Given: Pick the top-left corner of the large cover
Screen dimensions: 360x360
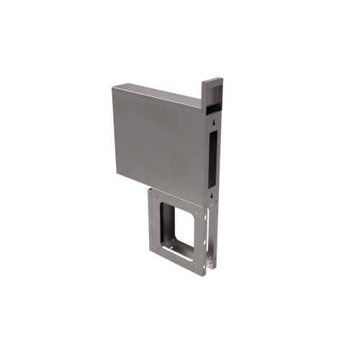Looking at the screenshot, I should tap(114, 87).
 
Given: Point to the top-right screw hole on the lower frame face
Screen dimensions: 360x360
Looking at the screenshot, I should tap(197, 212).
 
